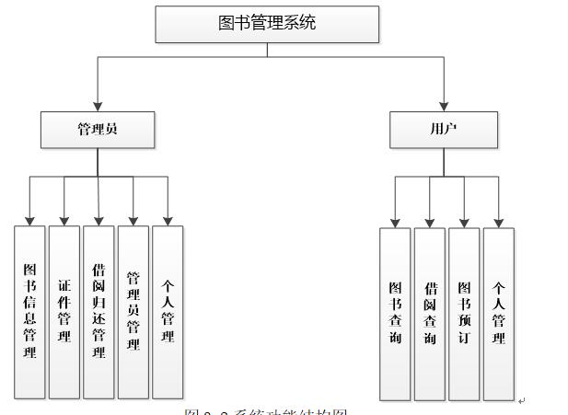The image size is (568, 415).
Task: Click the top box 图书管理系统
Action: click(267, 24)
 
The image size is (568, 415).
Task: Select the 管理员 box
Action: click(98, 130)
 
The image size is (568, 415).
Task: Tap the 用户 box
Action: click(443, 130)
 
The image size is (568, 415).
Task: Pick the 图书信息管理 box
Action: click(29, 311)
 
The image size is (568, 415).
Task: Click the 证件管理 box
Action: click(64, 311)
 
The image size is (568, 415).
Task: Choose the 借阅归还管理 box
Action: click(99, 311)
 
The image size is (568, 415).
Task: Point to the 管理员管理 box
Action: click(133, 311)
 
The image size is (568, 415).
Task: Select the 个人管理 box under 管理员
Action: click(168, 311)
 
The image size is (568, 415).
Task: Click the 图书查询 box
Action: click(395, 313)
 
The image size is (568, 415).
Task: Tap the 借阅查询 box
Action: click(430, 313)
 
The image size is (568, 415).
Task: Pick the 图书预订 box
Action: click(464, 313)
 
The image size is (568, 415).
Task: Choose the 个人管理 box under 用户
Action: click(499, 313)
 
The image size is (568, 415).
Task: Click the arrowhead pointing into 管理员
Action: click(98, 106)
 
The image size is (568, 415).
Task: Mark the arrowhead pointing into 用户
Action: click(443, 106)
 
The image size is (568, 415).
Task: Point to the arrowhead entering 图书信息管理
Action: click(29, 220)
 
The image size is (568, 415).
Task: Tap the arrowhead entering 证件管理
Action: click(64, 220)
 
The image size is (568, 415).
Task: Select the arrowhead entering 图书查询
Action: click(395, 222)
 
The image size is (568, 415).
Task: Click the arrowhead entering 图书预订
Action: click(464, 222)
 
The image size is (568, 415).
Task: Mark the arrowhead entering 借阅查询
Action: click(430, 222)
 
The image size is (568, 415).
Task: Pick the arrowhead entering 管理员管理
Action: click(133, 220)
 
